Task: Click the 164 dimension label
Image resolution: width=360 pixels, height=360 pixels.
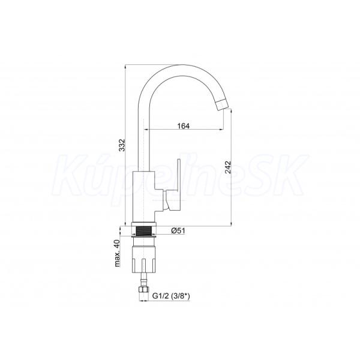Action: point(184,126)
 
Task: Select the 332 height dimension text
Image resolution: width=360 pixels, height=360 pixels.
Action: point(122,145)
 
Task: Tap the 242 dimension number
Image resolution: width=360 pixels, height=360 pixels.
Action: point(228,167)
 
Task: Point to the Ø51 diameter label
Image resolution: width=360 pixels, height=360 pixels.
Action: point(178,230)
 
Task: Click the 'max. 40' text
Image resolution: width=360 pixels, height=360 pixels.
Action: point(117,253)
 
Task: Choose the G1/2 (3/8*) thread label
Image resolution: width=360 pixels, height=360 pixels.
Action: point(171,296)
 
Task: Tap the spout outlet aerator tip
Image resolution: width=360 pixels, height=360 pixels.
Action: point(224,105)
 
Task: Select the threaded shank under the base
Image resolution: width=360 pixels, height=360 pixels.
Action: point(144,230)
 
